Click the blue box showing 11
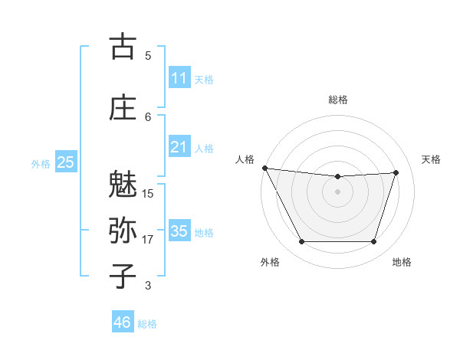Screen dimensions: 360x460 [x=179, y=78]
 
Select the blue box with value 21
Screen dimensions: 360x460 [x=179, y=147]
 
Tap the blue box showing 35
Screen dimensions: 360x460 [x=179, y=231]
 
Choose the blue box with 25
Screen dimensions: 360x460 [x=65, y=162]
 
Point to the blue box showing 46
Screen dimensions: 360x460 [x=123, y=322]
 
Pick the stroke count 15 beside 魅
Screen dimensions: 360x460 [x=148, y=194]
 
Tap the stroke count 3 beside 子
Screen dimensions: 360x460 [x=148, y=286]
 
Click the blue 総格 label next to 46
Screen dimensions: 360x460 [x=147, y=324]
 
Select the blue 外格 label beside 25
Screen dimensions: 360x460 [x=41, y=163]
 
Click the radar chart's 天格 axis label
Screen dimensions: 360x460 [x=432, y=159]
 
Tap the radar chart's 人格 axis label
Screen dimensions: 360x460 [x=245, y=159]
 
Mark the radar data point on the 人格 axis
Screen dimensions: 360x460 [x=265, y=168]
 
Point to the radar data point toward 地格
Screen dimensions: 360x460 [x=374, y=242]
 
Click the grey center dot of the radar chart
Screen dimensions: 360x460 [x=337, y=191]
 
